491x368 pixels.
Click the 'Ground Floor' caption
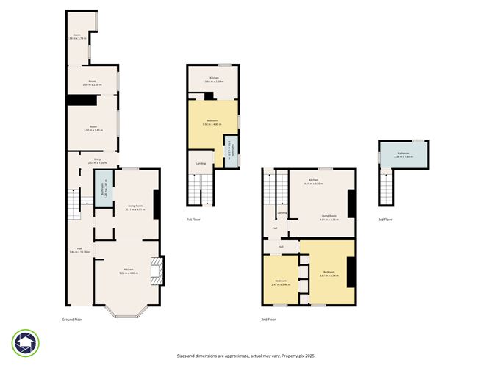click(72, 320)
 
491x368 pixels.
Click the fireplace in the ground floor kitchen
click(155, 270)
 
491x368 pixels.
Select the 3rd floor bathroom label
click(404, 154)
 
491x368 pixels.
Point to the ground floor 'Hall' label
click(79, 250)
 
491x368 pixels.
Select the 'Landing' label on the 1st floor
click(200, 163)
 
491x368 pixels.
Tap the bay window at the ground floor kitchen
click(126, 311)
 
